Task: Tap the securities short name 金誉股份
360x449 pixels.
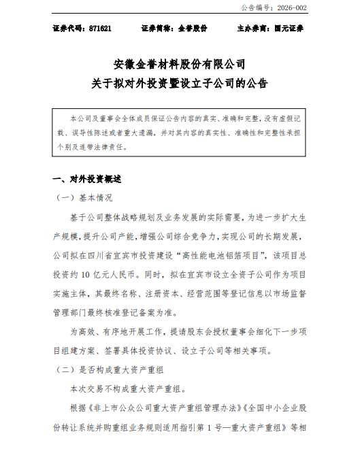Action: (x=193, y=30)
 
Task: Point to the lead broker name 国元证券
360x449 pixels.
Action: (x=287, y=30)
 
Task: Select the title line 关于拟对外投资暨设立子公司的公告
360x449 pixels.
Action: (x=180, y=84)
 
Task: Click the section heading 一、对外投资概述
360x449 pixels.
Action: (x=86, y=180)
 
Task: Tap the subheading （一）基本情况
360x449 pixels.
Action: (x=86, y=199)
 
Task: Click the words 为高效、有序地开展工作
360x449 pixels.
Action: (x=116, y=332)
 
